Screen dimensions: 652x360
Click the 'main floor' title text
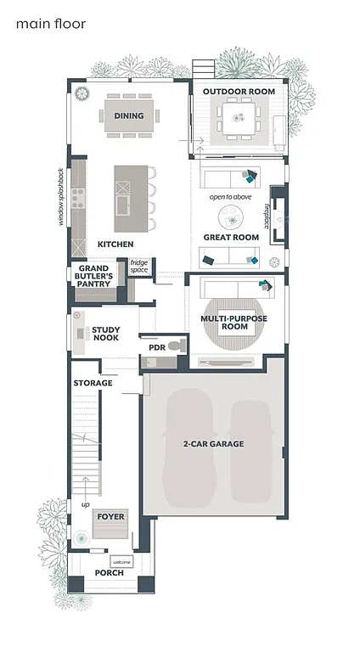click(x=50, y=25)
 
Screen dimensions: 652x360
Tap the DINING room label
click(x=128, y=115)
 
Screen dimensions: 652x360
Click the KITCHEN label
click(x=115, y=244)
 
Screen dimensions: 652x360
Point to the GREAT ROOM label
click(x=231, y=237)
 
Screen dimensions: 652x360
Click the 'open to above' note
click(x=231, y=198)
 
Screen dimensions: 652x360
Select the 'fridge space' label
click(x=138, y=267)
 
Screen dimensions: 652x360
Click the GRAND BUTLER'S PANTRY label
click(x=96, y=276)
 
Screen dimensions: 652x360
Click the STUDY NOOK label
click(x=106, y=334)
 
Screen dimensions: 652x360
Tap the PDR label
click(x=156, y=347)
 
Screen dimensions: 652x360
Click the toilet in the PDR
click(x=175, y=346)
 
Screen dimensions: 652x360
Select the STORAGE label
click(x=93, y=383)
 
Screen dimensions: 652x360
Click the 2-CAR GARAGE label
click(x=213, y=444)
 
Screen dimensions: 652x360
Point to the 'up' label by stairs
click(x=84, y=504)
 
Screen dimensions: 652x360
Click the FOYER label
click(x=110, y=516)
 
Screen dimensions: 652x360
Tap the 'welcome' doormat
click(x=121, y=561)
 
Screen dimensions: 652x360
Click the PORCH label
click(x=110, y=573)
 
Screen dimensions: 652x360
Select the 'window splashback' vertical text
click(x=61, y=195)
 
